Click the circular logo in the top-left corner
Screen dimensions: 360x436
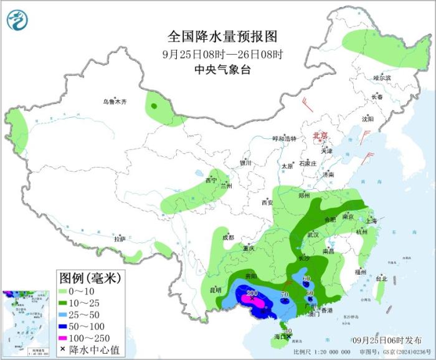[18, 21]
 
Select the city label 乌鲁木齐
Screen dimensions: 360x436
[115, 102]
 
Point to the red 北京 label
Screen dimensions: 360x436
[319, 135]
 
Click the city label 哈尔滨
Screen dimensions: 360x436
[382, 78]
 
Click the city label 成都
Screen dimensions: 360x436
[228, 237]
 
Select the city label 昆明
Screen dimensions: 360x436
[215, 290]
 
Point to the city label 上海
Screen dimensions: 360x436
[371, 220]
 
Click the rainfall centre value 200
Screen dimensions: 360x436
[252, 293]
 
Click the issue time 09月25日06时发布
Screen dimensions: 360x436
[385, 339]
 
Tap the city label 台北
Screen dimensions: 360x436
[381, 278]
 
